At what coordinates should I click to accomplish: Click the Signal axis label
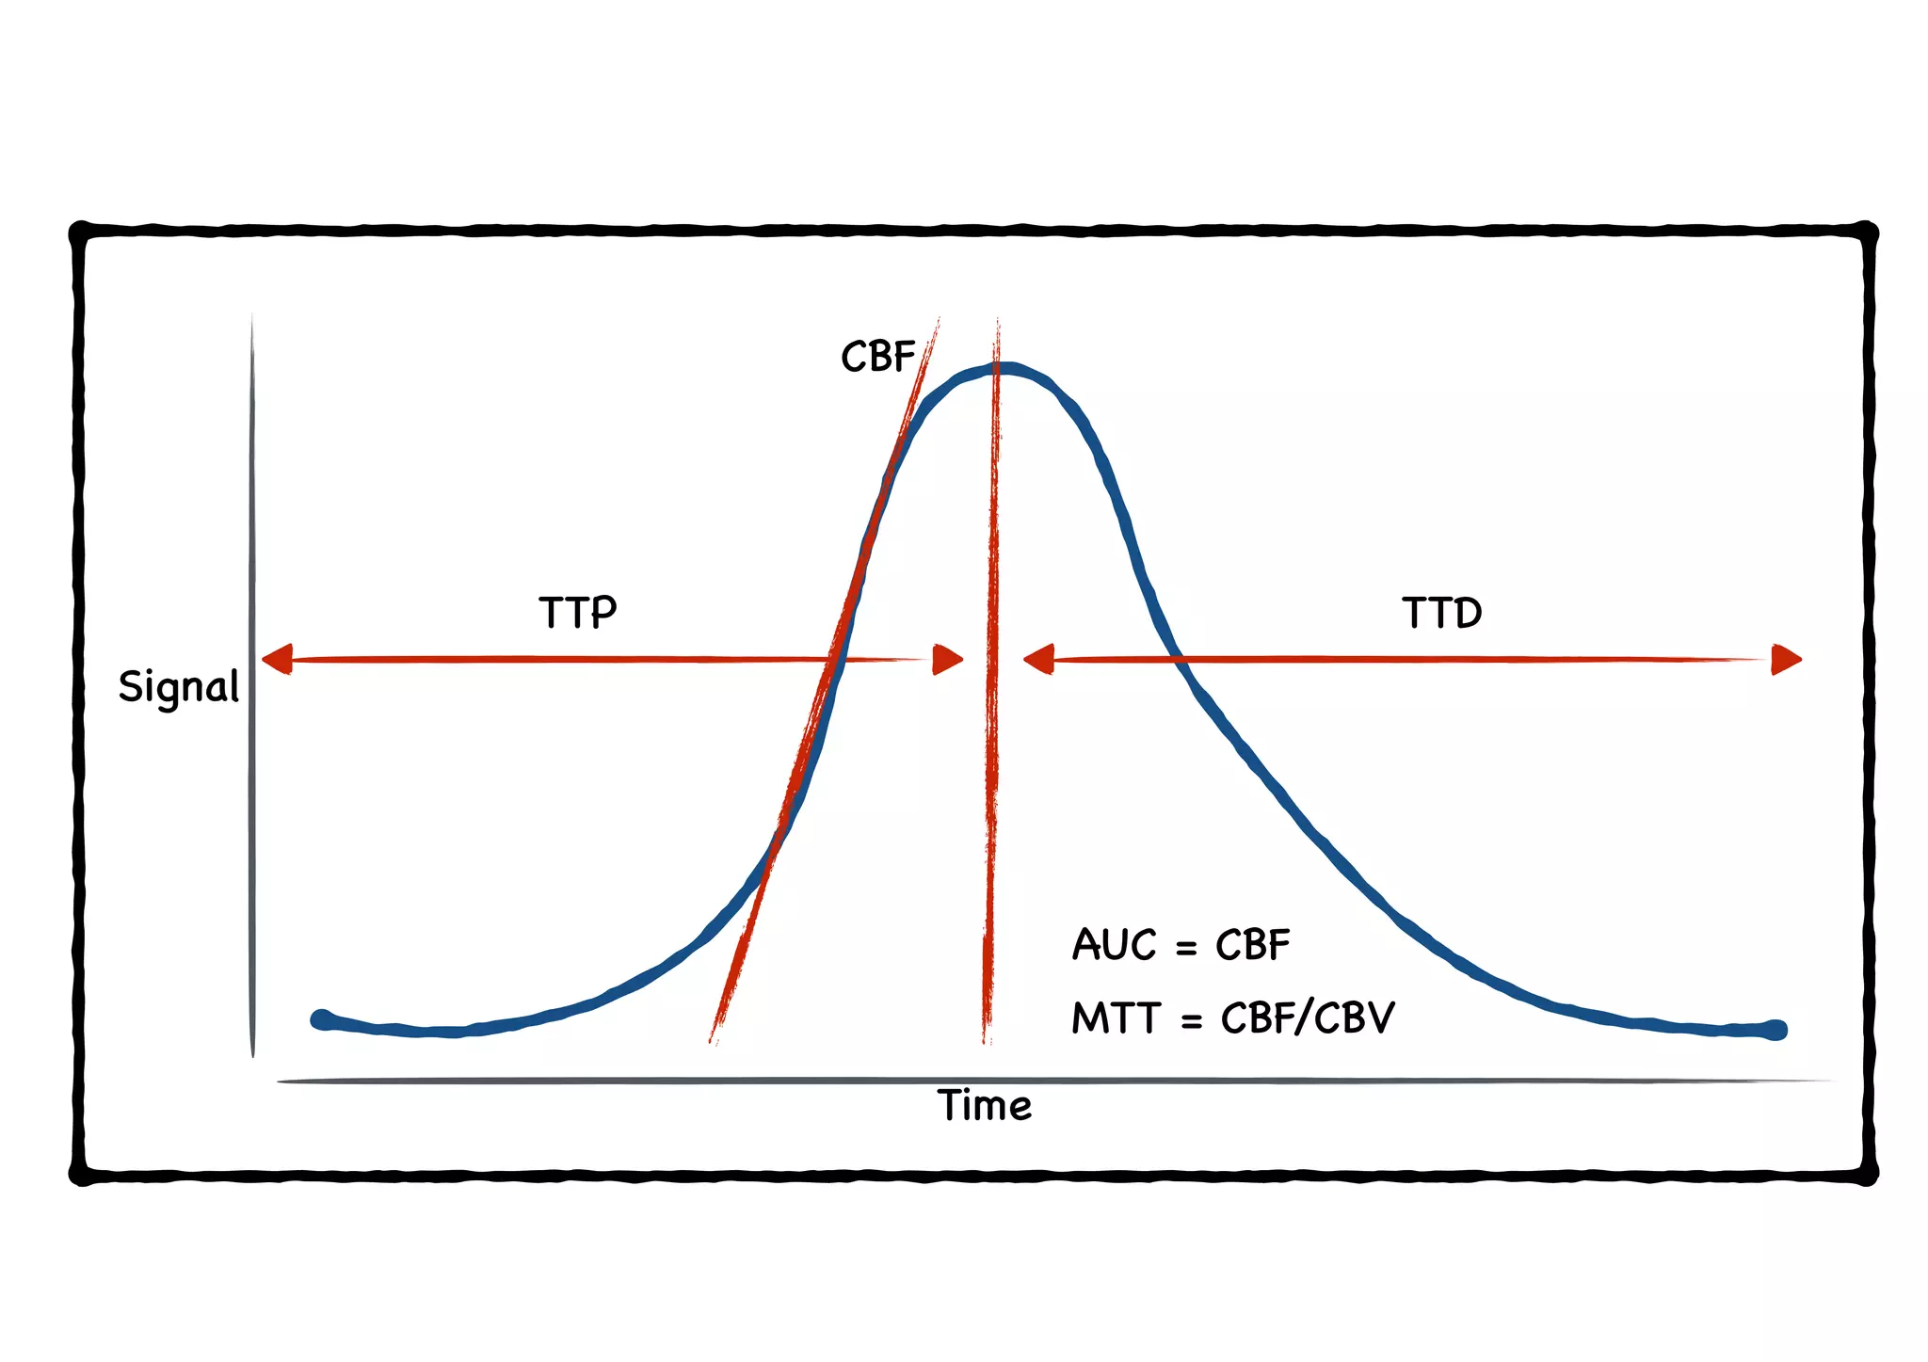(x=179, y=687)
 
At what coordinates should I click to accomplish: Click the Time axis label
(x=984, y=1105)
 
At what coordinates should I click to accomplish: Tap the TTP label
(x=577, y=612)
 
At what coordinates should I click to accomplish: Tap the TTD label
(x=1441, y=614)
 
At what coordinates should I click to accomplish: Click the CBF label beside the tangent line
(x=876, y=357)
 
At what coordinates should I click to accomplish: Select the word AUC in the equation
(x=1113, y=944)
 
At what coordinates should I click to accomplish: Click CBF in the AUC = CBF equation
(x=1252, y=944)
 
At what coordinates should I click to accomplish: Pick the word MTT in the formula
(x=1116, y=1018)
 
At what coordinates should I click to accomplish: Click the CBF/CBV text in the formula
(x=1308, y=1018)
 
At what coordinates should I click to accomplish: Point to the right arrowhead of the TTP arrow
(x=947, y=659)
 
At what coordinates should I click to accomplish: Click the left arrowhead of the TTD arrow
(x=1038, y=659)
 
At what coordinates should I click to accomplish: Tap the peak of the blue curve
(x=1004, y=369)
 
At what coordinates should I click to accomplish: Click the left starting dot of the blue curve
(x=322, y=1019)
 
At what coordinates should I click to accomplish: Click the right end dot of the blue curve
(x=1776, y=1030)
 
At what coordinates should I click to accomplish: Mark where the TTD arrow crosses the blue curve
(x=1178, y=659)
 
